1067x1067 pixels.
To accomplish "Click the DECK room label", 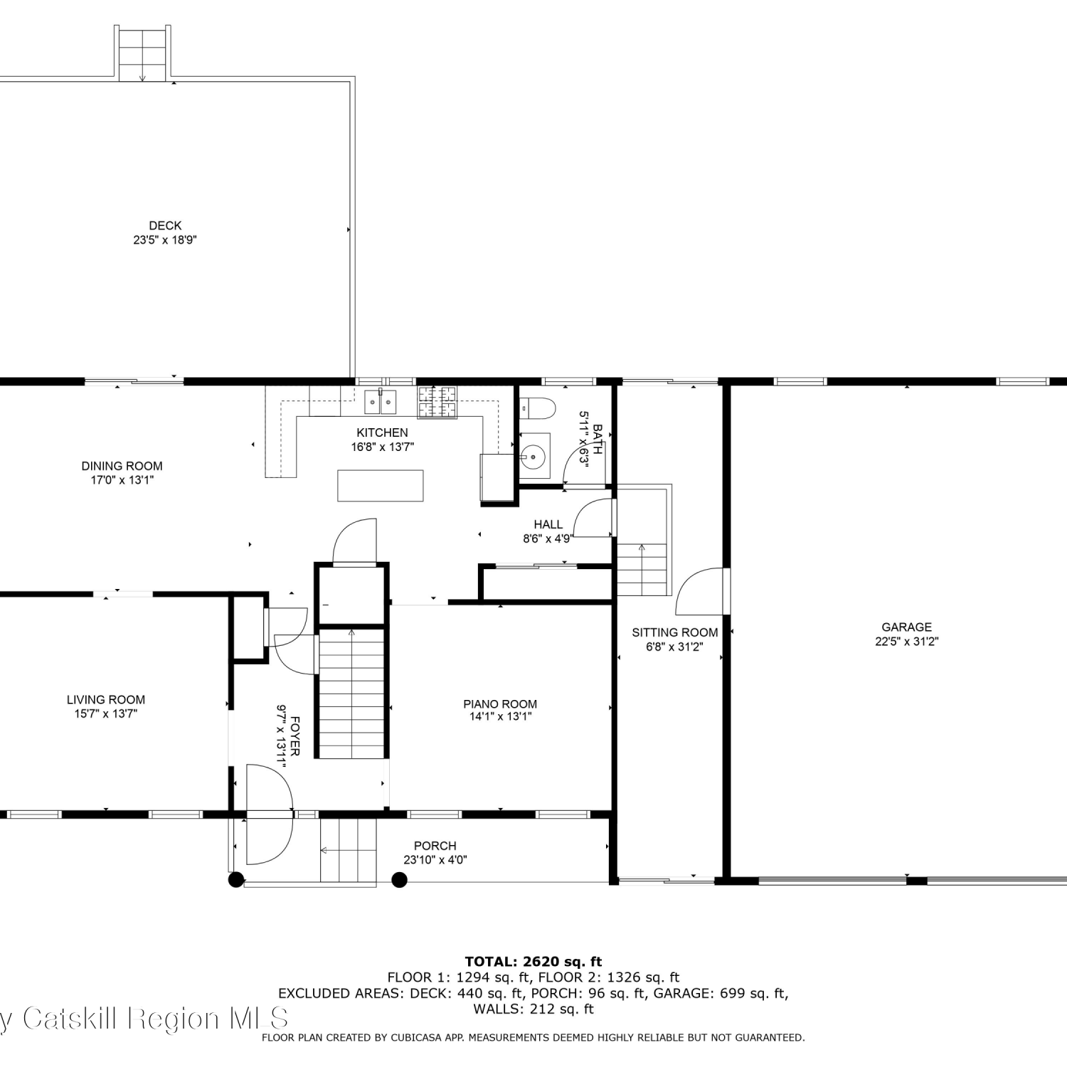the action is tap(165, 225).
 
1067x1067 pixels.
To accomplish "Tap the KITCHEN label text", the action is tap(382, 432).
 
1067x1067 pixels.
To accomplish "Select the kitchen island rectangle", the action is tap(381, 486).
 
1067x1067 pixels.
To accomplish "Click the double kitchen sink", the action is tap(381, 401).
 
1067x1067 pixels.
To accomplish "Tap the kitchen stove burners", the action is tap(437, 401).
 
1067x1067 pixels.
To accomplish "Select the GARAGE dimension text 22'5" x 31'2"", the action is tap(906, 641).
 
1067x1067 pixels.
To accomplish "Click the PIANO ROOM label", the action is tap(500, 704).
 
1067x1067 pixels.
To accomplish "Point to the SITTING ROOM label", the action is tap(675, 632).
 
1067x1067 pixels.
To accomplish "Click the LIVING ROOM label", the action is tap(106, 700).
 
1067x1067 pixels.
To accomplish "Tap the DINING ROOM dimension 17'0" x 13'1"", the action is tap(122, 480).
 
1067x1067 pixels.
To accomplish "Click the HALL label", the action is tap(548, 525).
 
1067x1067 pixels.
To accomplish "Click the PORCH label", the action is tap(435, 846).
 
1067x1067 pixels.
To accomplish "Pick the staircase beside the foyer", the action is tap(351, 693).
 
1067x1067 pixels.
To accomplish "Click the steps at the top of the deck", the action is tap(142, 54).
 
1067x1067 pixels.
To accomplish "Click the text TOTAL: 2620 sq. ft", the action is tap(533, 962).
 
